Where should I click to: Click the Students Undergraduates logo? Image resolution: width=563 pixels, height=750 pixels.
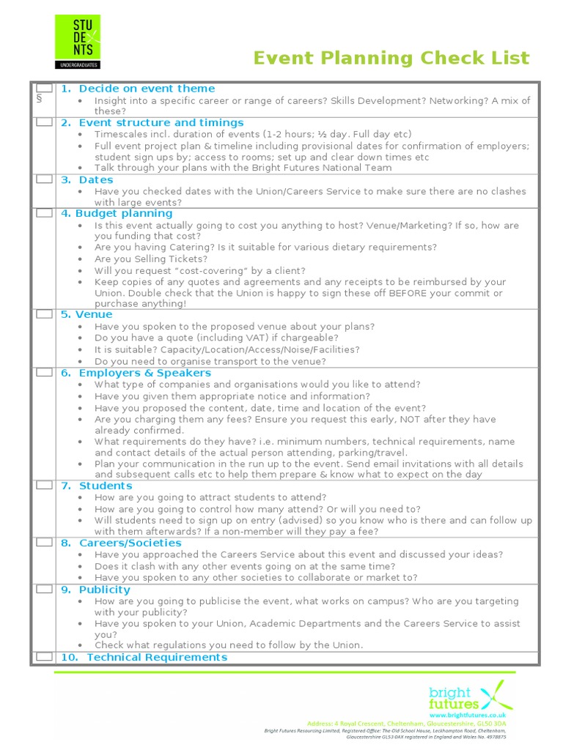78,42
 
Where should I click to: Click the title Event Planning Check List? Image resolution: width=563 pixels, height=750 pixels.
391,59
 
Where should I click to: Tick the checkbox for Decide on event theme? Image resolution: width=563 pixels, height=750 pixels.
44,89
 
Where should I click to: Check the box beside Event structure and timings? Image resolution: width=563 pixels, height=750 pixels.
44,122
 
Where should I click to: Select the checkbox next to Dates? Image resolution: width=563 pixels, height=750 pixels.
44,179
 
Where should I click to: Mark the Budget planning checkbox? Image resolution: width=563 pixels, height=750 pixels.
44,213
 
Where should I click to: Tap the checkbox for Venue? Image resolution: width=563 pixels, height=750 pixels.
44,314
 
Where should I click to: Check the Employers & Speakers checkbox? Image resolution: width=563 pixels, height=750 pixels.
44,373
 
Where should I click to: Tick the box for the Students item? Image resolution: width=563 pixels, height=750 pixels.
44,486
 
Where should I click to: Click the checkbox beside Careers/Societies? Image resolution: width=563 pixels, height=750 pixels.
44,543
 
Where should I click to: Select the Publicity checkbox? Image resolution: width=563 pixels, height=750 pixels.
44,590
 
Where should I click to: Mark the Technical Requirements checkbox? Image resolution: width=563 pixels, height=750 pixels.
44,657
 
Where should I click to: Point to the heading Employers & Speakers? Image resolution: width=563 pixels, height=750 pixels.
144,373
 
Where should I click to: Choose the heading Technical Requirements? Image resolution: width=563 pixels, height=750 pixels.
157,657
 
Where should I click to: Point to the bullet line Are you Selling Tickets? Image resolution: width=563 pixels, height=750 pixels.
151,259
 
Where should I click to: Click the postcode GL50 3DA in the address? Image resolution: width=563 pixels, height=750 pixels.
490,723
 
